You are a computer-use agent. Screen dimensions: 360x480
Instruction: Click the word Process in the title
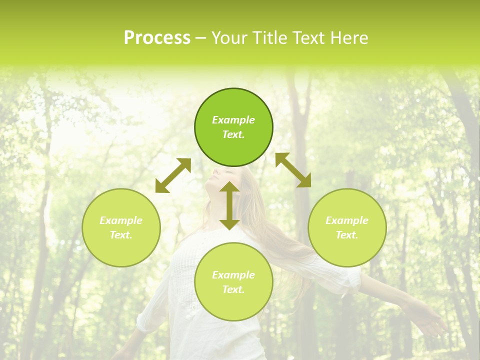coord(157,38)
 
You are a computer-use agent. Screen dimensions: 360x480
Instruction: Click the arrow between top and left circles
coord(173,175)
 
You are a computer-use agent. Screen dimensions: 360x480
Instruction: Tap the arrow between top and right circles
coord(293,170)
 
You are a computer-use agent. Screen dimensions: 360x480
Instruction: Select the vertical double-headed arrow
coord(229,205)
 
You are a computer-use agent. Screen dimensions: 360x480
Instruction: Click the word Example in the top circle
coord(233,120)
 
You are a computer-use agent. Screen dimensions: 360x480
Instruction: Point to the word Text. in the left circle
coord(121,235)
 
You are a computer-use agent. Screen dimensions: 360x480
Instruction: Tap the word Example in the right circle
coord(347,220)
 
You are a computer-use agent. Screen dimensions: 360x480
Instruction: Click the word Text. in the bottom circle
coord(233,289)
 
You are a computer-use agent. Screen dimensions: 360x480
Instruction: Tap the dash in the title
coord(201,38)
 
